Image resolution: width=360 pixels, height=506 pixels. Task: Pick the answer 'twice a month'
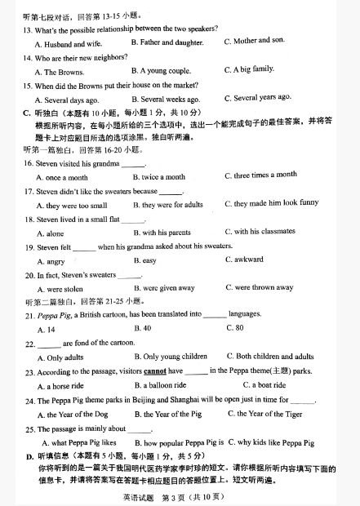[x=163, y=176]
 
